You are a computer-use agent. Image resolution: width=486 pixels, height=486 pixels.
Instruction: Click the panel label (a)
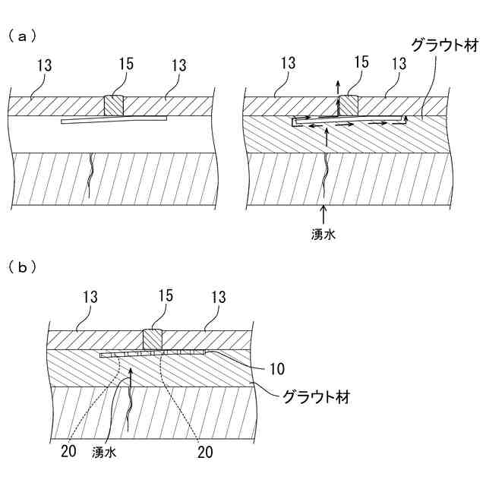pyautogui.click(x=24, y=35)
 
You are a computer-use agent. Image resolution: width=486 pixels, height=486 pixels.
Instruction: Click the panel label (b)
pyautogui.click(x=24, y=267)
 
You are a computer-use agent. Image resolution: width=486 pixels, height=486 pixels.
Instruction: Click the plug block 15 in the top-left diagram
pyautogui.click(x=114, y=106)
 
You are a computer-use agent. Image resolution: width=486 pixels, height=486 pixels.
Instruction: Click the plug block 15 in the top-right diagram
pyautogui.click(x=349, y=106)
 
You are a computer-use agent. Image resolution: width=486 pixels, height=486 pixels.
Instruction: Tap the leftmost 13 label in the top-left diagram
pyautogui.click(x=44, y=65)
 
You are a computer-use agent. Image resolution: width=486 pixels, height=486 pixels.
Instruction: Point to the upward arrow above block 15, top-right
pyautogui.click(x=339, y=83)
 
